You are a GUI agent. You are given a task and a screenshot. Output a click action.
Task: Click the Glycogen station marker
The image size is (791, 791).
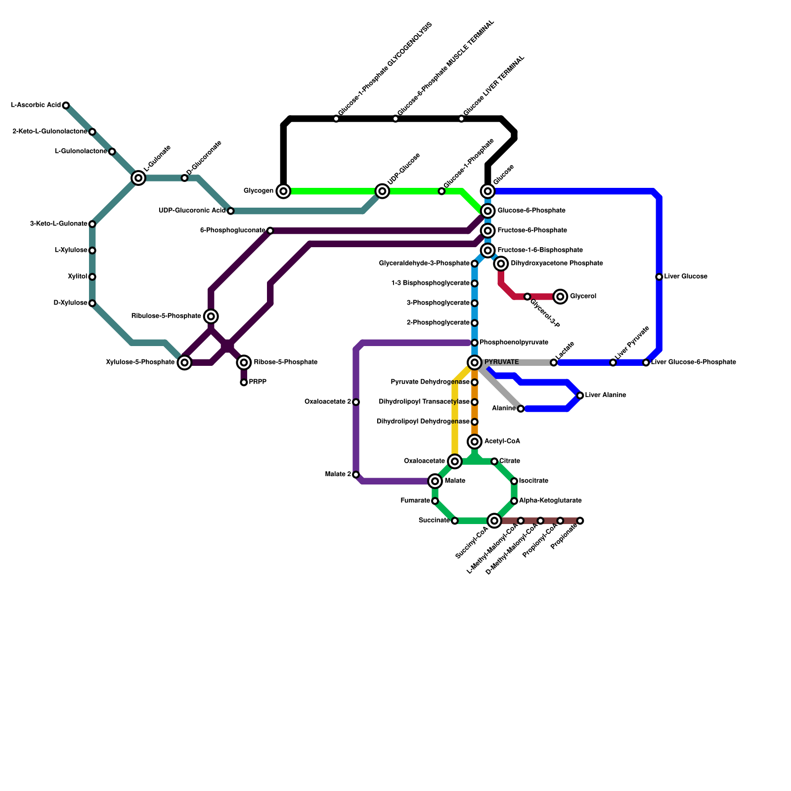click(x=283, y=191)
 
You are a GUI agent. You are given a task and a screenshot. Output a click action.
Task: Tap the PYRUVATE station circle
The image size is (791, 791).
click(x=475, y=362)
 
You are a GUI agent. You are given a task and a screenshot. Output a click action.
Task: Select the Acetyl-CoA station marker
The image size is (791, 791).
click(x=475, y=441)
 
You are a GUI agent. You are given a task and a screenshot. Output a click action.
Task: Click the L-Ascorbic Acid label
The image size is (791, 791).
click(x=36, y=105)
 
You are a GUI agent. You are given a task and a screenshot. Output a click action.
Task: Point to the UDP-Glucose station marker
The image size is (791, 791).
click(x=382, y=191)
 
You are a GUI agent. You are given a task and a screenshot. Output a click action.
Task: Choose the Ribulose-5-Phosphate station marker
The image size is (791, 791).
click(x=211, y=316)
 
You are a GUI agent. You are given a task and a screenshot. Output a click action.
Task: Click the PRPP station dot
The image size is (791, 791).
click(x=244, y=382)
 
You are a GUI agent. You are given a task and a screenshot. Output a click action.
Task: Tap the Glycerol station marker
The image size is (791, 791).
click(x=560, y=297)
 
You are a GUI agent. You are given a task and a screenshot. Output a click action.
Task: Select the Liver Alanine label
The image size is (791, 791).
click(x=606, y=395)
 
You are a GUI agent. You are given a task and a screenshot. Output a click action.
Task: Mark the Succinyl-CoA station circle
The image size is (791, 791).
click(x=494, y=520)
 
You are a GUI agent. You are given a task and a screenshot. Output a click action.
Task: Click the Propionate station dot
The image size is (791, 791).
click(x=580, y=521)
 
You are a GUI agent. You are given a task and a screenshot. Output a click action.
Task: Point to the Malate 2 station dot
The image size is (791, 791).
click(x=356, y=475)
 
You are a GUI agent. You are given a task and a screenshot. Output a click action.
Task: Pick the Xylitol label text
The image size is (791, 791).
click(x=78, y=277)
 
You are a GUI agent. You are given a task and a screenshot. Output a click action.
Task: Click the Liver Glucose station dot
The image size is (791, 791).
click(x=659, y=277)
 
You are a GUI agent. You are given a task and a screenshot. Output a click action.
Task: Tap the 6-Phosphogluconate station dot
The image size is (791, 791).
click(x=270, y=230)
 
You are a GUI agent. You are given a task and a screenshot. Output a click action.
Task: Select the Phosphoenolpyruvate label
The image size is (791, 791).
click(x=514, y=343)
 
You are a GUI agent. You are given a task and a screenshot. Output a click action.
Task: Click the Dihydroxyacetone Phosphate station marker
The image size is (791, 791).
click(x=501, y=264)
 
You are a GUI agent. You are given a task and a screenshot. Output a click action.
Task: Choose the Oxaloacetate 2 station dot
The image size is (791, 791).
click(x=356, y=402)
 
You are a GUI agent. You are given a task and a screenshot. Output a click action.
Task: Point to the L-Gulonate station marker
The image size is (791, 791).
click(x=139, y=178)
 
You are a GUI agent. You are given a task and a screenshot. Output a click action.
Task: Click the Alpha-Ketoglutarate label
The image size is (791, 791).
click(x=550, y=501)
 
